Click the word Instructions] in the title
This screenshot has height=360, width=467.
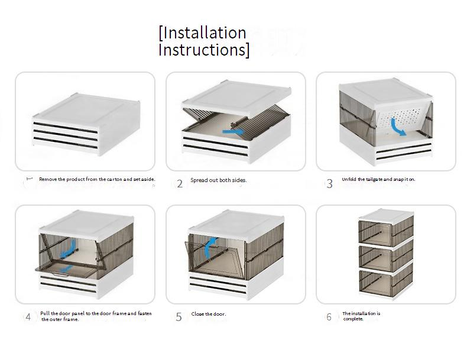(x=203, y=50)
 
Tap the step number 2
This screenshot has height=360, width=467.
(x=180, y=183)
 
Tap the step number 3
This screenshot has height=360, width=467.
(x=329, y=183)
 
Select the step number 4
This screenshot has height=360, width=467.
(x=28, y=317)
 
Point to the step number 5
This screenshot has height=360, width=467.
(x=179, y=317)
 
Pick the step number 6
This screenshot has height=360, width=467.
(x=329, y=317)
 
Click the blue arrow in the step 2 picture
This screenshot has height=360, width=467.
(x=233, y=131)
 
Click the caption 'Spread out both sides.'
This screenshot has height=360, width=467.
(x=219, y=180)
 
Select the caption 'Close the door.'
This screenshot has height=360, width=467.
(x=209, y=314)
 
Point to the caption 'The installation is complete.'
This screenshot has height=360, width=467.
(x=361, y=316)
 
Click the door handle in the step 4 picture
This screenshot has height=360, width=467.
(x=60, y=274)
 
